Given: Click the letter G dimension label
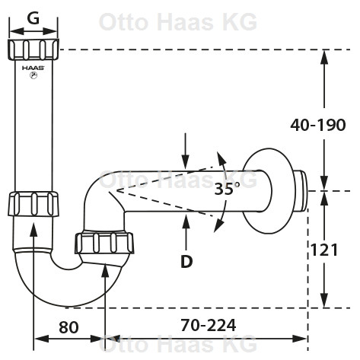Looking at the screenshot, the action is pos(33,18).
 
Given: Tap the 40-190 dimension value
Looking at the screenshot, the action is pos(318,125).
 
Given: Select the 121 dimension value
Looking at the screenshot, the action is pos(324,250).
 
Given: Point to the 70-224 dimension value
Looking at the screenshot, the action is pos(209,325).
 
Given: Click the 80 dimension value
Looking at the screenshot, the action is pos(68,327).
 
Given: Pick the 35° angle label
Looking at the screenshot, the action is pos(227,189).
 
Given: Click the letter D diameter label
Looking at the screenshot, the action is pos(186,261).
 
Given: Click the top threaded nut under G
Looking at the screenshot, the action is pos(33,49).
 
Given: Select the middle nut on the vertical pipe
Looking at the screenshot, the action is pos(33,204).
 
